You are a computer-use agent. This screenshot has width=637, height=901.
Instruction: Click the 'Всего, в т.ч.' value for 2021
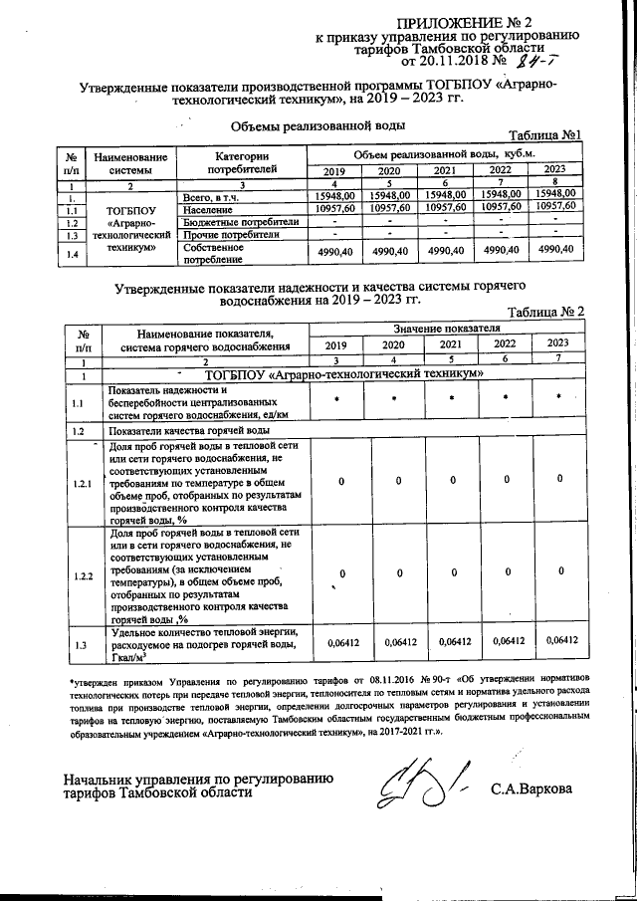(446, 195)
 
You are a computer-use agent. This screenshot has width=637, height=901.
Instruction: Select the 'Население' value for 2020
(390, 207)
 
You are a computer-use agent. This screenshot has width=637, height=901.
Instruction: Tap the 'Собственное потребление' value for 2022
(502, 251)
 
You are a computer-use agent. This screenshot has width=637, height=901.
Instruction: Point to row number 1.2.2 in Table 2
(83, 576)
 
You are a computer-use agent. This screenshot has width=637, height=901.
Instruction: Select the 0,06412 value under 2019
(341, 642)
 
